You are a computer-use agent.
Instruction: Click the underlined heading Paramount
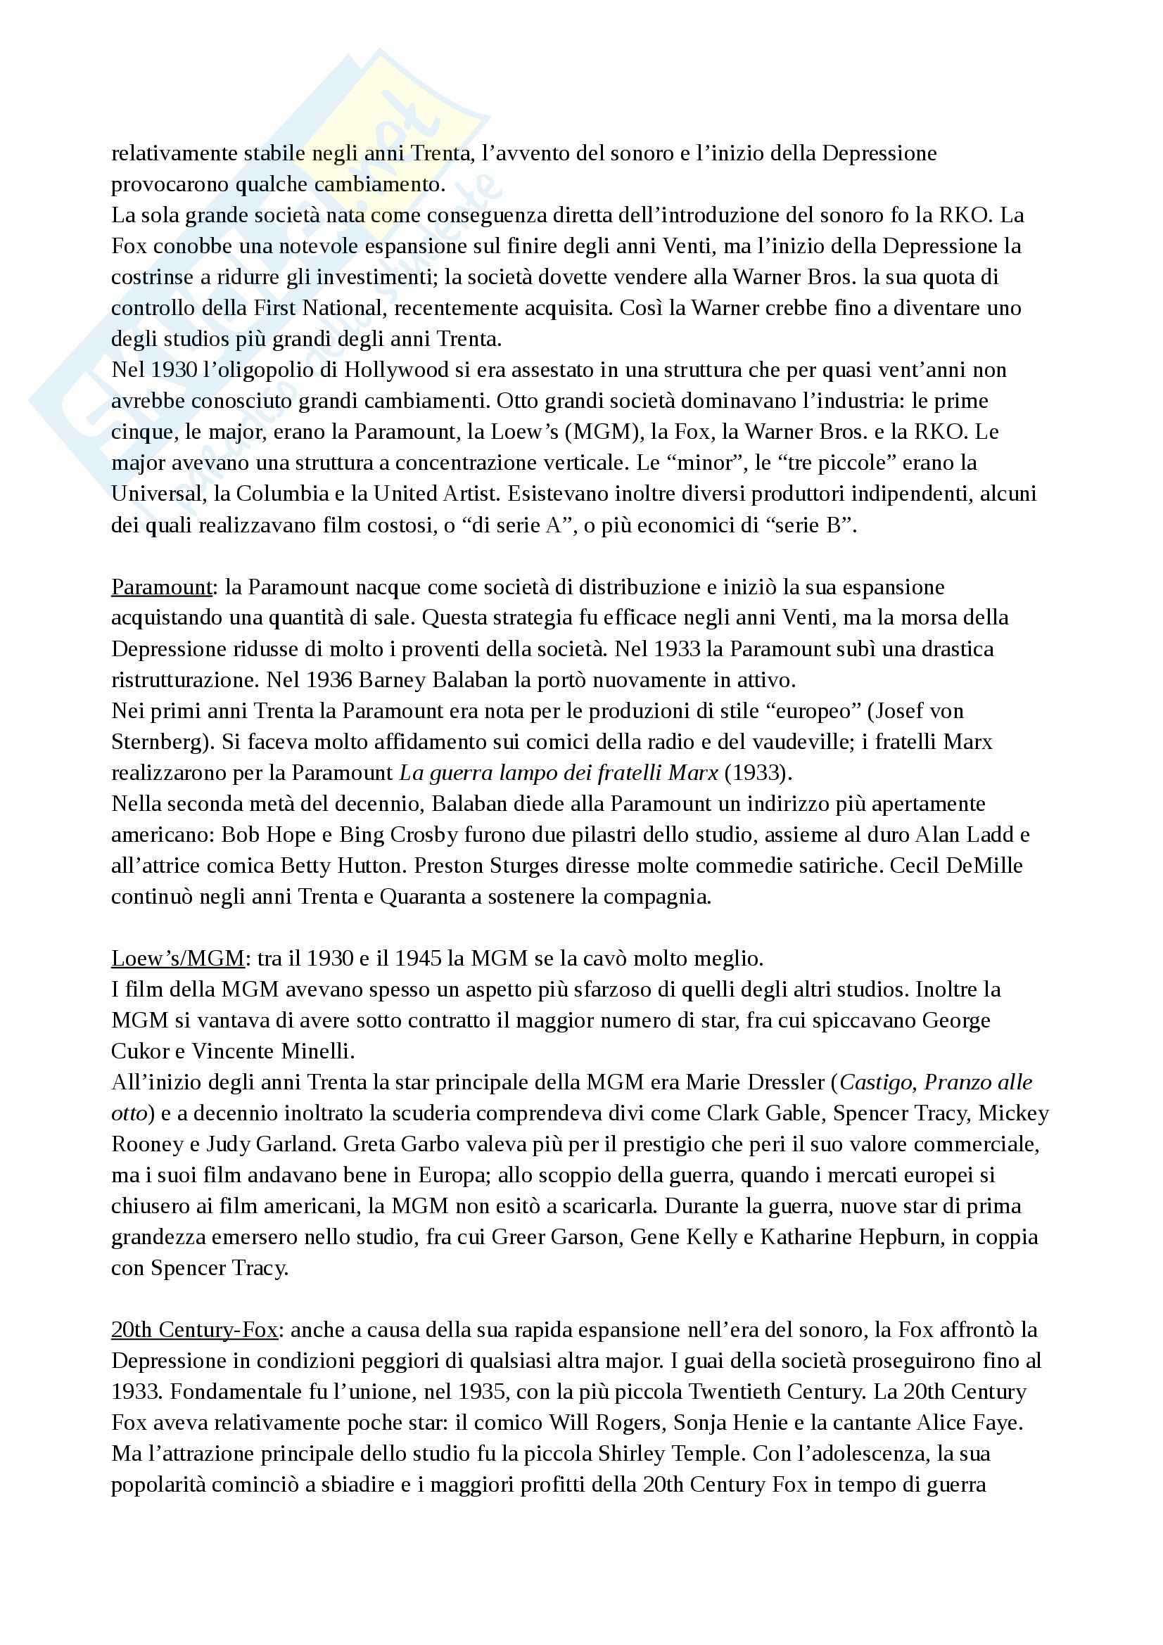pyautogui.click(x=161, y=587)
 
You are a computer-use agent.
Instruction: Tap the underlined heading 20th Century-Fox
pyautogui.click(x=194, y=1330)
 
